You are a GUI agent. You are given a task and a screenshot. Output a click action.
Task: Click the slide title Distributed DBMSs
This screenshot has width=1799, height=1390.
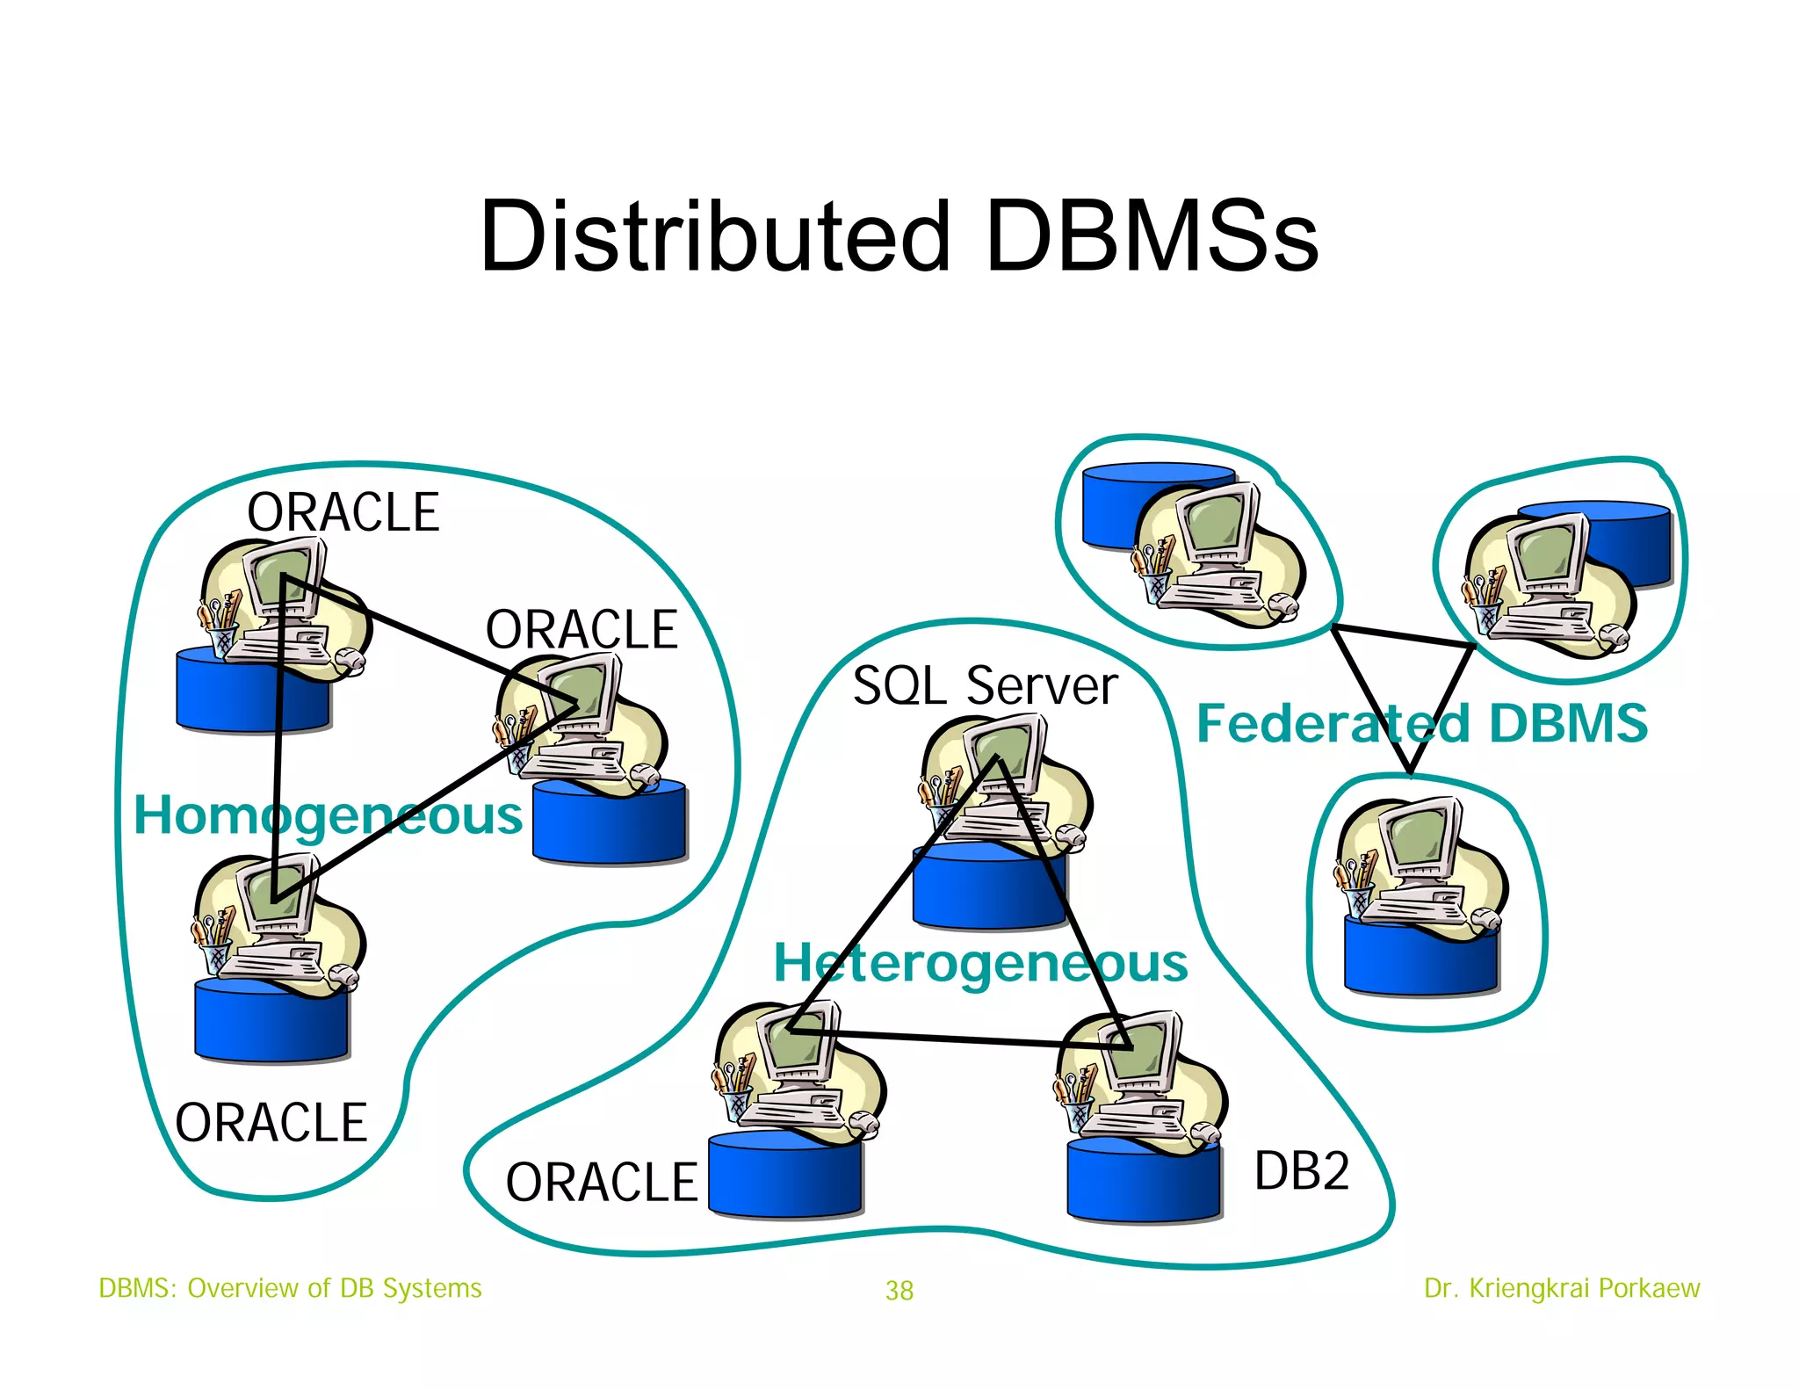tap(899, 235)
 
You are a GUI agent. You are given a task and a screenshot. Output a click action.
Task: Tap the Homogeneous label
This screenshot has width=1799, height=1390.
tap(328, 815)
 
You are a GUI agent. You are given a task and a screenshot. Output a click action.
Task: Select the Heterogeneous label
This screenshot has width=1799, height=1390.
tap(980, 963)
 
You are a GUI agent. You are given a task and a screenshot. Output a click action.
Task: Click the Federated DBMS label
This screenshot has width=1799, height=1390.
tap(1421, 723)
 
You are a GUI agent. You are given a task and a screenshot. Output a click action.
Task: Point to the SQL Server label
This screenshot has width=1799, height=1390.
tap(985, 685)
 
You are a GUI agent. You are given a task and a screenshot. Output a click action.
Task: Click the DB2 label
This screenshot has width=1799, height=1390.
tap(1301, 1170)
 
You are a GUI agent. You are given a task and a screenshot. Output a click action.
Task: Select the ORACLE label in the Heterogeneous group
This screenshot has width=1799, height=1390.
tap(601, 1182)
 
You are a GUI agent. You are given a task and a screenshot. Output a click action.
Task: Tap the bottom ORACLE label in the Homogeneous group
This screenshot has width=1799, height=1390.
tap(271, 1122)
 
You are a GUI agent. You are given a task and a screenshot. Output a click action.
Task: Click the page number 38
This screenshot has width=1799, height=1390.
tap(899, 1290)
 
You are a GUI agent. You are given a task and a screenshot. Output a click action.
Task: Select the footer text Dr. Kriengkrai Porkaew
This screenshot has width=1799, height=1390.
tap(1561, 1288)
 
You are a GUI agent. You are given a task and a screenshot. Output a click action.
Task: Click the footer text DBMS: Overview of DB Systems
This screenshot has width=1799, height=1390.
tap(290, 1288)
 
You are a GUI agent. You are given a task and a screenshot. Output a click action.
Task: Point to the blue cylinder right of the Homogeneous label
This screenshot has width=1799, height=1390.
tap(609, 826)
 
